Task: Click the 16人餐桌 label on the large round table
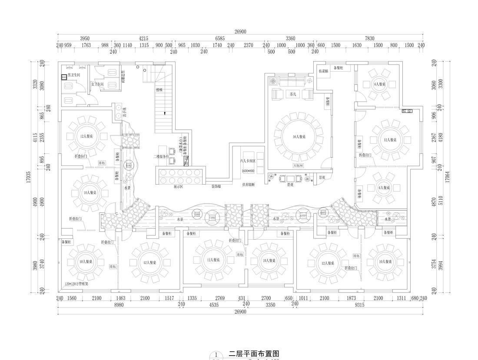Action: coord(299,137)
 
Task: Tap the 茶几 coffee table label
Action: coord(292,94)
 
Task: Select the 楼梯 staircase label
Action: coord(159,90)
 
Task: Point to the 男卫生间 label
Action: coord(73,75)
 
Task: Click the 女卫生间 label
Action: coord(97,84)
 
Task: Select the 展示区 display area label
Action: coord(179,186)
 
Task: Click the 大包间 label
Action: coord(298,165)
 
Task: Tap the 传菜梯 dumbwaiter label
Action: coord(323,71)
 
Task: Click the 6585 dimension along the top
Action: coord(220,39)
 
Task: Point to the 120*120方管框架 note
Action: coord(76,284)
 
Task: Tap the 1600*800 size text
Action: coord(248,171)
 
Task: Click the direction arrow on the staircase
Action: coord(165,113)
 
